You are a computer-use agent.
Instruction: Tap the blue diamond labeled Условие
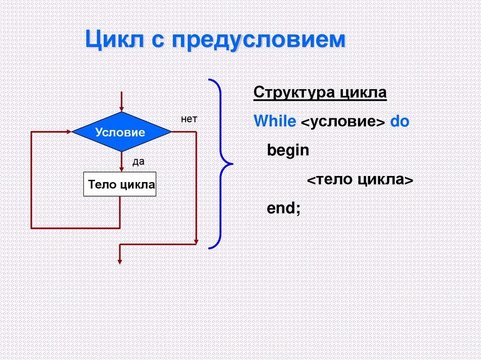[x=121, y=132]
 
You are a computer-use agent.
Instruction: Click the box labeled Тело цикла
[x=120, y=184]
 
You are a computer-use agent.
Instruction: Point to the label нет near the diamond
[x=189, y=119]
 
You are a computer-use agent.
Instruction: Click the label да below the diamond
[x=138, y=162]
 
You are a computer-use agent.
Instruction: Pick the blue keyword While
[x=274, y=122]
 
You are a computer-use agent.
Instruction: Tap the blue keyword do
[x=400, y=122]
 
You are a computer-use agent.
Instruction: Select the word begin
[x=288, y=151]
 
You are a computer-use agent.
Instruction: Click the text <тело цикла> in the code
[x=360, y=180]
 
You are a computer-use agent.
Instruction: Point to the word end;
[x=283, y=208]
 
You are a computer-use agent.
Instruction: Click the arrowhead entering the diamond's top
[x=121, y=108]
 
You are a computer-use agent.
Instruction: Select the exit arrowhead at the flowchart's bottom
[x=120, y=260]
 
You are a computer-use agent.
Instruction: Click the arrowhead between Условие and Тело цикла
[x=121, y=169]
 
